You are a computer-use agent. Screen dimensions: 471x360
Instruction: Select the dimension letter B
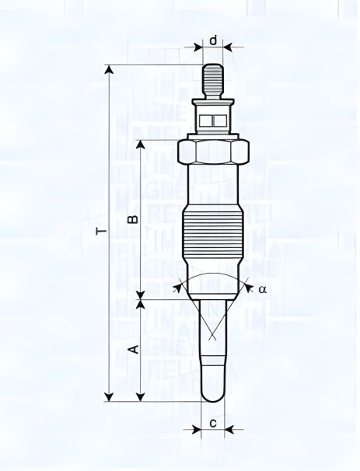click(132, 219)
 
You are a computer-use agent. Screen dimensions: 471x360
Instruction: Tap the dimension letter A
click(132, 348)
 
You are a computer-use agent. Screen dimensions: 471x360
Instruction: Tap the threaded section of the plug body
click(212, 233)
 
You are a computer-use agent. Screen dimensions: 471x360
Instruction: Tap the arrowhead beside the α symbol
click(247, 287)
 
